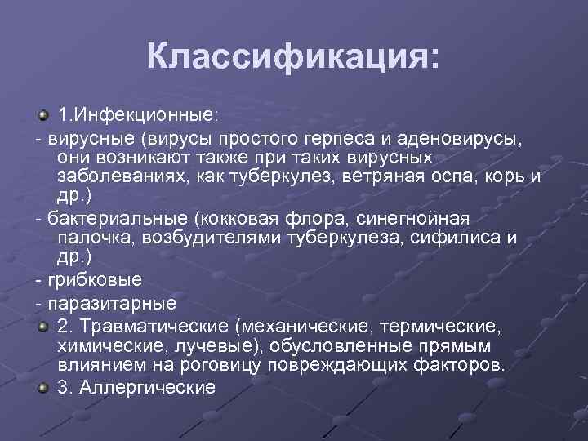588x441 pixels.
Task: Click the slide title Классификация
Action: click(292, 56)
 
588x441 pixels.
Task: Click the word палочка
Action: click(97, 240)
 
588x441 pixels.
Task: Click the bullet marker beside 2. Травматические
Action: click(44, 325)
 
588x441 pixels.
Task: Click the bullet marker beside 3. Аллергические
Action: click(44, 387)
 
